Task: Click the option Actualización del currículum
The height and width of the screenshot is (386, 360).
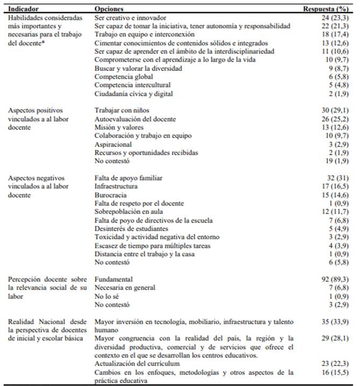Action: (x=137, y=363)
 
